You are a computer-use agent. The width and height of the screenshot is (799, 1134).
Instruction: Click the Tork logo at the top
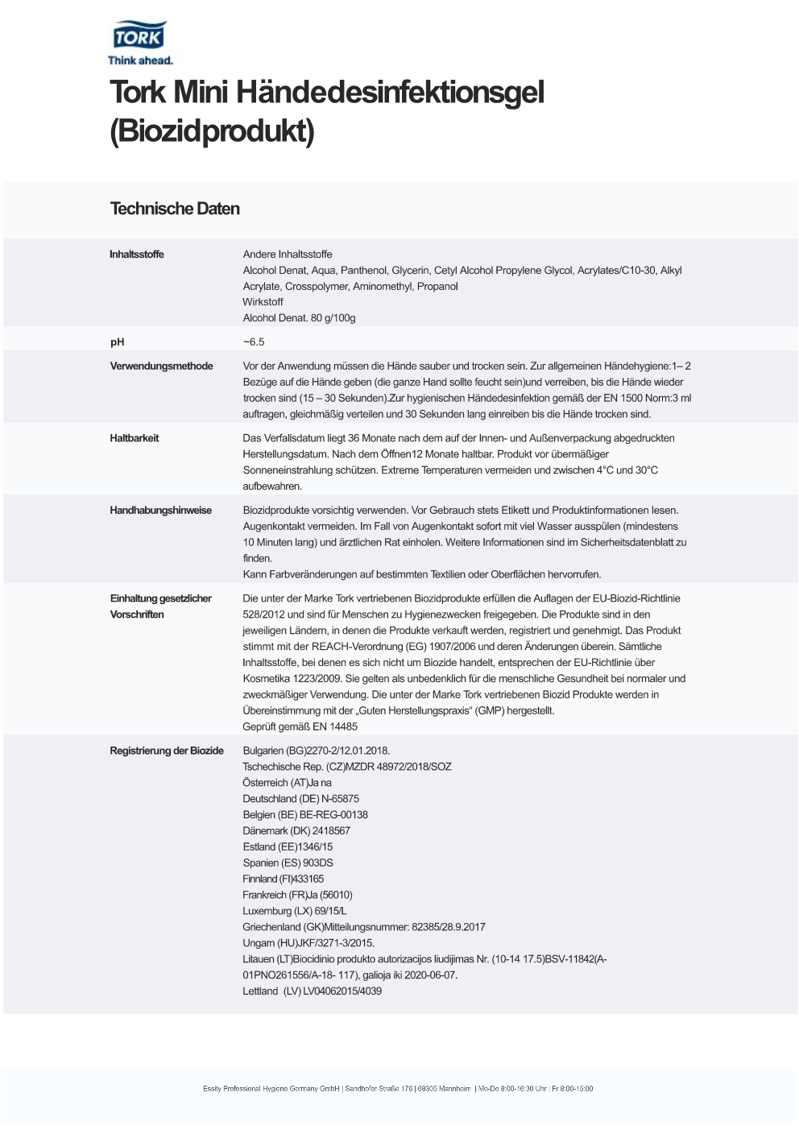(139, 37)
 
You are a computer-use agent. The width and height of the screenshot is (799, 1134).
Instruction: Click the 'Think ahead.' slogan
(140, 60)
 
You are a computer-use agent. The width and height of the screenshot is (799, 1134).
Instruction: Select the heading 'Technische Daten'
(175, 209)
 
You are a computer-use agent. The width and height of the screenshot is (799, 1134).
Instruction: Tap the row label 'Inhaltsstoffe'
(137, 255)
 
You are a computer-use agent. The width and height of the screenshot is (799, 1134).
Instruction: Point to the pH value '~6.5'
(254, 342)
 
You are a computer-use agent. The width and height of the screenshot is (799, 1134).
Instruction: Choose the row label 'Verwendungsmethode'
(161, 366)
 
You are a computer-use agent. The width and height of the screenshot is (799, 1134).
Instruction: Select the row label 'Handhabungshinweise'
(161, 511)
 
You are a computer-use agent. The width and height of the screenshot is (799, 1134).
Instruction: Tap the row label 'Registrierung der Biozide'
(167, 751)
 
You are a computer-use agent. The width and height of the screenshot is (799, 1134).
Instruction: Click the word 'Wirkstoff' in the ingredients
(263, 302)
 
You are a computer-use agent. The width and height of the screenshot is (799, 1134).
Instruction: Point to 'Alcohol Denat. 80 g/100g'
(299, 318)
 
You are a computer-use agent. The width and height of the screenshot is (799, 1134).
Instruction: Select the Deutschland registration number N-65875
(340, 799)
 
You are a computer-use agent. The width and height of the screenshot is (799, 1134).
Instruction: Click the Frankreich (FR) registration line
(297, 895)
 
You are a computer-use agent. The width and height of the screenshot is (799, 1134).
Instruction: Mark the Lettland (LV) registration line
(312, 991)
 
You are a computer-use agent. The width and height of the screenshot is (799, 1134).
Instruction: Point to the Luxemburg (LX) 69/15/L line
(295, 911)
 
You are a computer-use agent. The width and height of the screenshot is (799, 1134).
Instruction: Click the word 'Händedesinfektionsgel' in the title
(390, 93)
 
